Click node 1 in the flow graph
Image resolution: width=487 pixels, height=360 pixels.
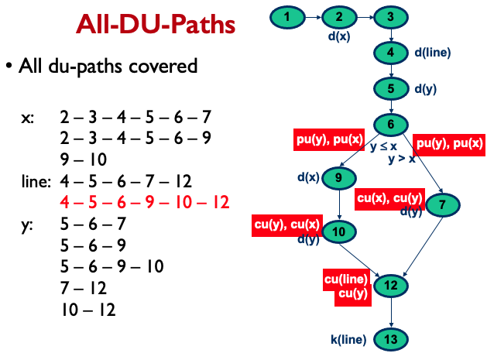click(x=288, y=16)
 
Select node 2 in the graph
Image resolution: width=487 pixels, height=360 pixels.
click(x=339, y=16)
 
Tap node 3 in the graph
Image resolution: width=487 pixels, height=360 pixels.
click(x=391, y=16)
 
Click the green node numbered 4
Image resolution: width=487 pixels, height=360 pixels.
click(x=391, y=53)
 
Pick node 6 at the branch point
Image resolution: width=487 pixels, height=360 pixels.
click(x=391, y=124)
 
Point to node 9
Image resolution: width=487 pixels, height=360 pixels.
click(x=339, y=177)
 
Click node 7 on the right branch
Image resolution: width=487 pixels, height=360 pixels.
click(x=442, y=205)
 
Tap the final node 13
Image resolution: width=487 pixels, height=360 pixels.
click(x=391, y=339)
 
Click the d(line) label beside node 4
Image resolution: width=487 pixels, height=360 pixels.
click(x=432, y=53)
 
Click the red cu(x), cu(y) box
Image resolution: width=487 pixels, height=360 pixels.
click(x=390, y=198)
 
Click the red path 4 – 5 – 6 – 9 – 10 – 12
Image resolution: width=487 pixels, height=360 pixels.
click(x=145, y=203)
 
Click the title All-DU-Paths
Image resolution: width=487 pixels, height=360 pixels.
click(x=156, y=26)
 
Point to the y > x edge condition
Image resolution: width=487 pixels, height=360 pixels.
click(x=401, y=159)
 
